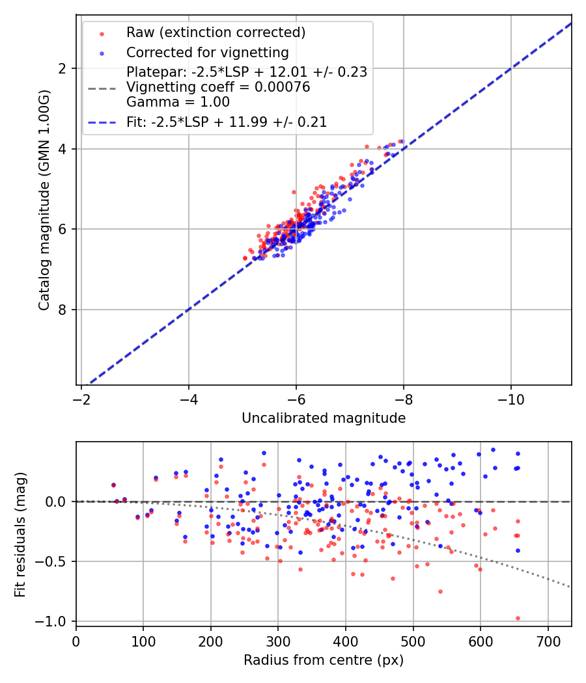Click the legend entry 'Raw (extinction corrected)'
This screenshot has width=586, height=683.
(216, 33)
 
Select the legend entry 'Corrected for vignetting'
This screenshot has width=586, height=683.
(207, 52)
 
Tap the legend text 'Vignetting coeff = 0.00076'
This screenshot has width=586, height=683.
(218, 87)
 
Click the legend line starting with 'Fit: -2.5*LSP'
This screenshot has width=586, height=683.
(227, 122)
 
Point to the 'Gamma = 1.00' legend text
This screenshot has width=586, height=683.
(178, 102)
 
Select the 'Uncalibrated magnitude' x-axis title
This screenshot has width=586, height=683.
(324, 418)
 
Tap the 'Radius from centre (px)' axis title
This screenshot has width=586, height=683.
(324, 660)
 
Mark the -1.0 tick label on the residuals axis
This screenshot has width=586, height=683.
(55, 621)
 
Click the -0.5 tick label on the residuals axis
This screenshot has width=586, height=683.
(55, 561)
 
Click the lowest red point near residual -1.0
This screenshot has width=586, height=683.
(518, 618)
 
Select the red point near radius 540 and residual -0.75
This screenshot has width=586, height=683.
(440, 591)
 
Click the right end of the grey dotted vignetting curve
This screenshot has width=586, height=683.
(570, 587)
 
